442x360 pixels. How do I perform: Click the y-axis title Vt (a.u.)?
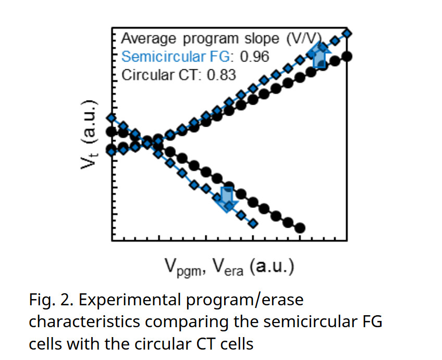pyautogui.click(x=88, y=134)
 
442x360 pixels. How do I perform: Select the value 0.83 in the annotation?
pyautogui.click(x=222, y=75)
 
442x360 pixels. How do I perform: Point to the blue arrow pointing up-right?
pyautogui.click(x=320, y=56)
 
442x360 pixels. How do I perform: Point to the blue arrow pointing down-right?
pyautogui.click(x=227, y=200)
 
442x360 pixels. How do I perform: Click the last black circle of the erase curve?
pyautogui.click(x=300, y=228)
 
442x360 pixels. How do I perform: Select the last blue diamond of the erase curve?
pyautogui.click(x=253, y=224)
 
